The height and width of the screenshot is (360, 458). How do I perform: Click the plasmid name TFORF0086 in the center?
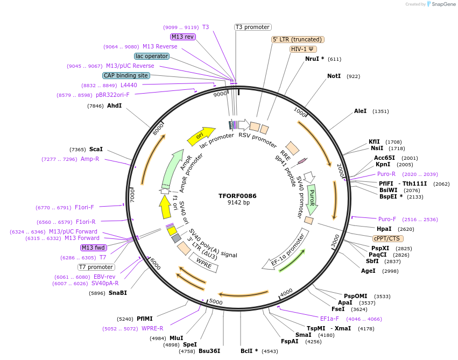click(237, 196)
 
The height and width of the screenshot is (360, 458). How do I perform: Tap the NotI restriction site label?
click(334, 76)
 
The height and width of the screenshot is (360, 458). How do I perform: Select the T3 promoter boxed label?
click(253, 27)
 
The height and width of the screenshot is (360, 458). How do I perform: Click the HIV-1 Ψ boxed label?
click(303, 49)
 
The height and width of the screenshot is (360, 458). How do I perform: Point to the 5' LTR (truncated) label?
click(297, 39)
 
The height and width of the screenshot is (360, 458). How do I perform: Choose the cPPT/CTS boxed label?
click(387, 238)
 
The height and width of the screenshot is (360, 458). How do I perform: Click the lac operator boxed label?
click(152, 56)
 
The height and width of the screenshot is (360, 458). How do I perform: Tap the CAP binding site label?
click(126, 76)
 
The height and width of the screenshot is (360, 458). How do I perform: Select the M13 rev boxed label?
click(182, 37)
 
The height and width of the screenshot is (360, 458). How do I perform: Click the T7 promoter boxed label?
click(96, 267)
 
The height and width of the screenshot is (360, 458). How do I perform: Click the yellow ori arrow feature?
click(200, 136)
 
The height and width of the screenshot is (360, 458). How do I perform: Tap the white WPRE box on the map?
click(203, 263)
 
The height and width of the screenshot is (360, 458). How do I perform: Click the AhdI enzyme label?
click(115, 106)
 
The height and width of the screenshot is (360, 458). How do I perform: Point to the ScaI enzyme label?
click(96, 149)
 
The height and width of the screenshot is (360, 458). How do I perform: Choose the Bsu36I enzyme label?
click(209, 351)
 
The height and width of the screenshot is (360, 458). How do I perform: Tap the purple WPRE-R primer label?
click(152, 328)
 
